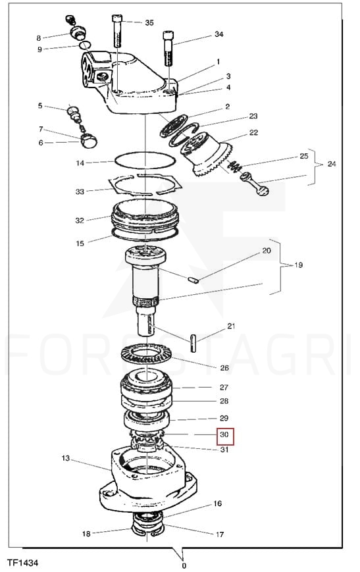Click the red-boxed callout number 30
(x=224, y=434)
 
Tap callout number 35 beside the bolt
(x=149, y=22)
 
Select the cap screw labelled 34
(x=168, y=49)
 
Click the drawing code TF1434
(x=22, y=563)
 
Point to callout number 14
(x=80, y=163)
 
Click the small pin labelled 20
(x=193, y=280)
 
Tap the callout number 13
(x=65, y=458)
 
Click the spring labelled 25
(x=235, y=166)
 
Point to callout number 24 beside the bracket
(x=331, y=164)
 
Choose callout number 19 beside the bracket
(x=298, y=265)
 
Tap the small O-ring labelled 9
(x=85, y=45)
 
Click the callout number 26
(x=224, y=368)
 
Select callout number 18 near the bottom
(x=86, y=534)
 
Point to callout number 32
(x=80, y=221)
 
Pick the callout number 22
(x=253, y=132)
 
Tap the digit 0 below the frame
(x=184, y=566)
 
